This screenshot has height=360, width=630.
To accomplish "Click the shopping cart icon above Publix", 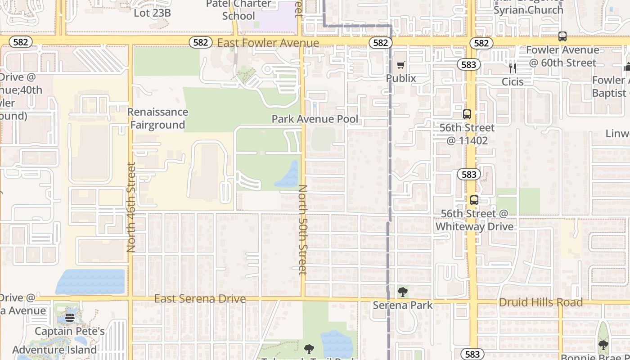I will (401, 65).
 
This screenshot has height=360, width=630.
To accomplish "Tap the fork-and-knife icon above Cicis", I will (512, 68).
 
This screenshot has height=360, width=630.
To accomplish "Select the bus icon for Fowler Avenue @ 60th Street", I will (562, 36).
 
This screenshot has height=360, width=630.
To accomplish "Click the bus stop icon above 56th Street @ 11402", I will (467, 114).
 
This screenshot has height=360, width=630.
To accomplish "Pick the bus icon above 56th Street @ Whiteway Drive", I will (474, 200).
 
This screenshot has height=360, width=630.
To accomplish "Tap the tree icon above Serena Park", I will (403, 292).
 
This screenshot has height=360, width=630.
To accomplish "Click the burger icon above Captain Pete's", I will (69, 318).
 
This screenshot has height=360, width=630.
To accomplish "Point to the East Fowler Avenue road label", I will (268, 43).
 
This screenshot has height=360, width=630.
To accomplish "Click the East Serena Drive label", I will (200, 299).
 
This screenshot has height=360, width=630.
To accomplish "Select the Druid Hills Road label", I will (541, 302).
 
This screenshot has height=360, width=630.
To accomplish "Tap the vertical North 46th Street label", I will (131, 207).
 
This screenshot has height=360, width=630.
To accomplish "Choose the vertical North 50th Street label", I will (303, 229).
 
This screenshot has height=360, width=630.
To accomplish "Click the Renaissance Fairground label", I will (157, 118).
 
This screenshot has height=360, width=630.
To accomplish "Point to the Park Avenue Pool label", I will (315, 119).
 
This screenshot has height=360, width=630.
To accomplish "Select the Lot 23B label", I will (152, 13).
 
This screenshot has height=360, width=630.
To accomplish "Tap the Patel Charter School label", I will (238, 10).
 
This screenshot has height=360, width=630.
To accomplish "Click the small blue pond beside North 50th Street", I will (287, 175).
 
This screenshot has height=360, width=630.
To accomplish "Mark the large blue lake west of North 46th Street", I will (91, 281).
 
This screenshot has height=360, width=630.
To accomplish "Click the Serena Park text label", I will (403, 305).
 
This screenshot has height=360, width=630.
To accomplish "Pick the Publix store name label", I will (401, 78).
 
